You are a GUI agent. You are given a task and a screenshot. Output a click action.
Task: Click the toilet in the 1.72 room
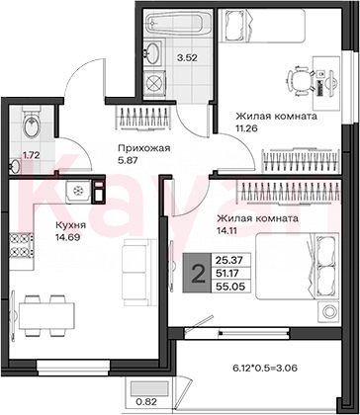pyautogui.click(x=32, y=122)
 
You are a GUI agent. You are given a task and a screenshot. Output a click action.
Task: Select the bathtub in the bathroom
pyautogui.click(x=179, y=22)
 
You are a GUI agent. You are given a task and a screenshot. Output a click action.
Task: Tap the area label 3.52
pyautogui.click(x=187, y=58)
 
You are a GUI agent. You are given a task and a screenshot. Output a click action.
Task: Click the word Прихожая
pyautogui.click(x=144, y=148)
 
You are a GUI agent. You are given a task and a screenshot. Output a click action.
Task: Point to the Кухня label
pyautogui.click(x=70, y=225)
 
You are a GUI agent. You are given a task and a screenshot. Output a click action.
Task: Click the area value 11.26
pyautogui.click(x=246, y=127)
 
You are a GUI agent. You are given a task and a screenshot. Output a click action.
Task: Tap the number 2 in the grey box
pyautogui.click(x=198, y=273)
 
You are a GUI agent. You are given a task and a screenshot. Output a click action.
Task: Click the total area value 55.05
pyautogui.click(x=230, y=287)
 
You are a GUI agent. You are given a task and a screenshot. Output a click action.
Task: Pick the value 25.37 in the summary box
pyautogui.click(x=230, y=260)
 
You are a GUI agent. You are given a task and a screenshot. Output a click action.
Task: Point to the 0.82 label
pyautogui.click(x=145, y=401)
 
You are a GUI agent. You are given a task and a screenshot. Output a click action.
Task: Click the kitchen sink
pyautogui.click(x=79, y=192)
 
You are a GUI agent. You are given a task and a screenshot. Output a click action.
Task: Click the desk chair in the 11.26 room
pyautogui.click(x=300, y=80)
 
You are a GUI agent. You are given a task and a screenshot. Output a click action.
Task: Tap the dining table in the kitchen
pyautogui.click(x=46, y=315)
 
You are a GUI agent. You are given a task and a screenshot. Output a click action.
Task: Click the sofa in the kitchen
pyautogui.click(x=137, y=273)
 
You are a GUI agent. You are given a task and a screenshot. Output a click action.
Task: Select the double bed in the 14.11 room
pyautogui.click(x=298, y=266)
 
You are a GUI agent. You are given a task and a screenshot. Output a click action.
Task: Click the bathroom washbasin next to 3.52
pyautogui.click(x=152, y=52)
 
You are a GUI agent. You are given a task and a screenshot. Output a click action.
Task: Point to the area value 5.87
pyautogui.click(x=128, y=161)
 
